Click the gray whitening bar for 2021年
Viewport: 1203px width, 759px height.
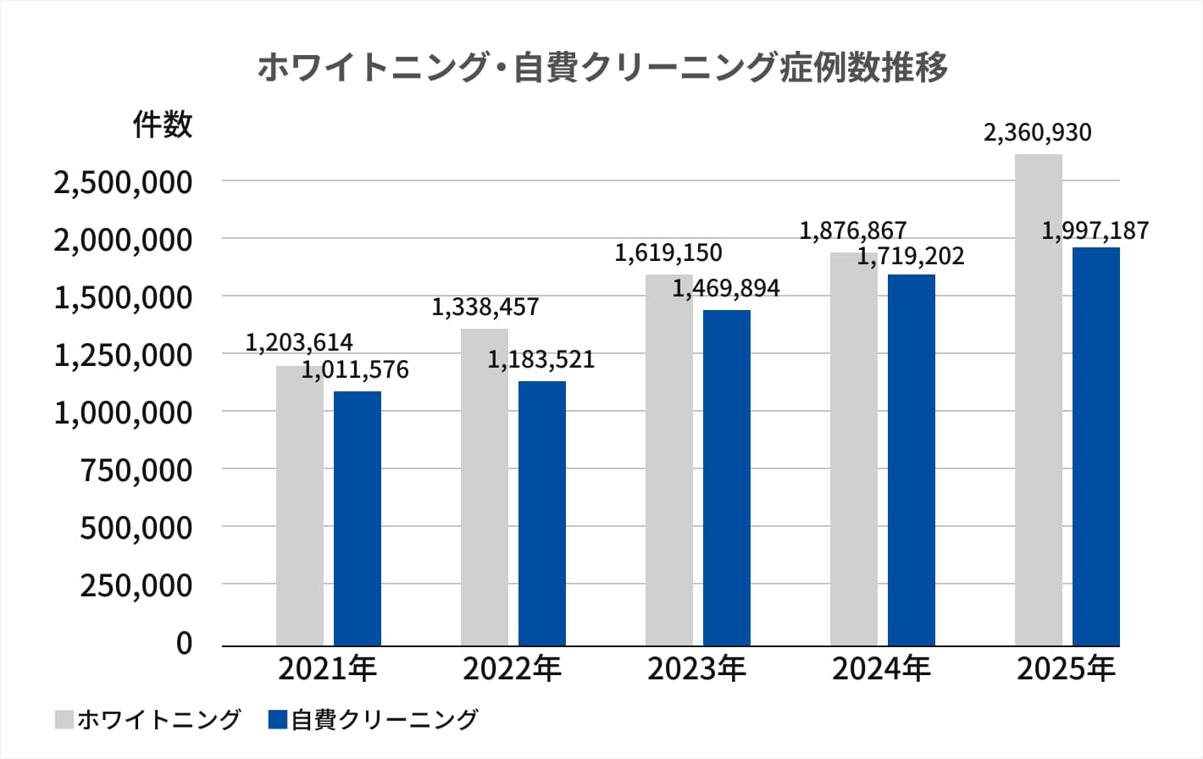300,506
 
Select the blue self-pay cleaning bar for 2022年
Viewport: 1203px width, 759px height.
542,513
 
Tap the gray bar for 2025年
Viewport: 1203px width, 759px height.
1038,400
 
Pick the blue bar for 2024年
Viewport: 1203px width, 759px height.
912,460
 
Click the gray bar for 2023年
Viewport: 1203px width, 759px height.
668,460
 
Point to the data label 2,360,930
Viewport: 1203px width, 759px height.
1037,133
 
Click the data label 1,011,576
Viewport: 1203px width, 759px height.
355,370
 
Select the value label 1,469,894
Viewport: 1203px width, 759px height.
726,289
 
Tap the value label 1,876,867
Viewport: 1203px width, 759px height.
852,230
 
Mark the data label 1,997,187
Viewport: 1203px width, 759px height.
1095,230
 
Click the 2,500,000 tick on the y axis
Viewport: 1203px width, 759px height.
123,182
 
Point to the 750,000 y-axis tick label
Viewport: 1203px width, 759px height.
136,470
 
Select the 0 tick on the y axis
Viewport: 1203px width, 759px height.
184,643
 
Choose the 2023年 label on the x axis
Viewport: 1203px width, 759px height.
696,669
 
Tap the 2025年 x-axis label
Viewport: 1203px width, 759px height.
1066,669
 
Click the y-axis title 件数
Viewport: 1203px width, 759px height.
163,125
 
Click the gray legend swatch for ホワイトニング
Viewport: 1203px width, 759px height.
64,719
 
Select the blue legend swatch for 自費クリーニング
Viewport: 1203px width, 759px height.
278,719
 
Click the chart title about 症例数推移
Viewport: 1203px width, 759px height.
601,67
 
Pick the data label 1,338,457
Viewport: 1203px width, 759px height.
485,307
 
